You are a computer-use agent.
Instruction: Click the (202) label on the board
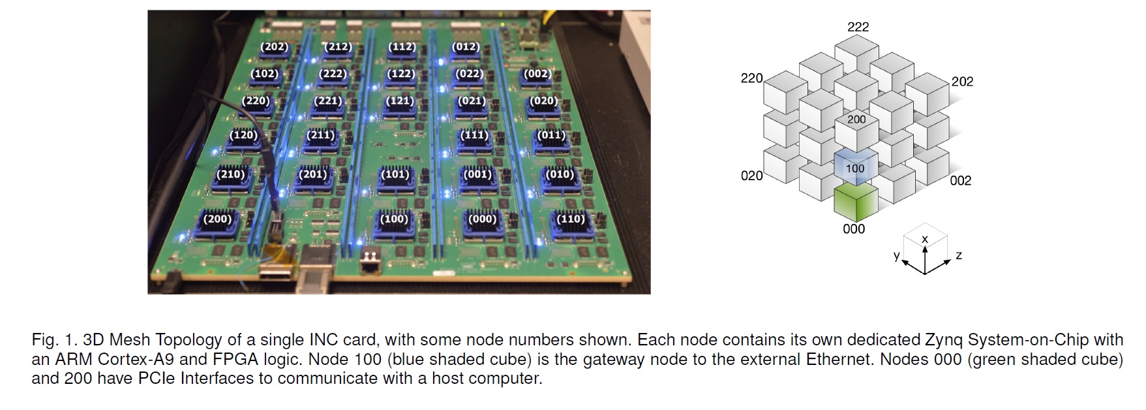(274, 46)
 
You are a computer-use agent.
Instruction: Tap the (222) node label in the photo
(333, 74)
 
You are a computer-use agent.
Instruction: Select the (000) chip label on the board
(482, 219)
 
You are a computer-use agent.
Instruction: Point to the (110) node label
(571, 219)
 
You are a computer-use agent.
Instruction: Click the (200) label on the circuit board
(217, 219)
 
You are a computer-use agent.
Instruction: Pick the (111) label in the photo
(474, 135)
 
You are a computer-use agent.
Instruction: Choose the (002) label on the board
(537, 74)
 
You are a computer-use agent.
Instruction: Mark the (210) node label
(231, 174)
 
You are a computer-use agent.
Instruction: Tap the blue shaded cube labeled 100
(855, 168)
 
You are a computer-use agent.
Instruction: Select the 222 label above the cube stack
(858, 27)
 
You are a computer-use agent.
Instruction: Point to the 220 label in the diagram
(751, 78)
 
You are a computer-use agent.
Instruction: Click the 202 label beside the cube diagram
(962, 82)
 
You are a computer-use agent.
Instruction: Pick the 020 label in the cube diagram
(751, 176)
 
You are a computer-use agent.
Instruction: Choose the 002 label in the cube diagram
(960, 181)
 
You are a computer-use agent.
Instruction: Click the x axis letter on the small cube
(924, 240)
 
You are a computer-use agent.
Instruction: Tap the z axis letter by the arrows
(958, 255)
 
